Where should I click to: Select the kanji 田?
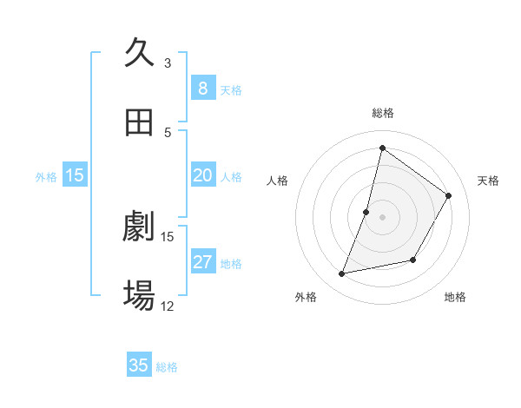tap(139, 122)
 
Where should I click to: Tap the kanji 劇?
tap(139, 227)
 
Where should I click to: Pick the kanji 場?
tap(139, 297)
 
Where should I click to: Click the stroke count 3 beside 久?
tap(168, 63)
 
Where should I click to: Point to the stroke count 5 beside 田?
tap(168, 132)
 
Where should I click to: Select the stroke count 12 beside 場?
tap(168, 306)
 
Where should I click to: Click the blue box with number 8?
tap(202, 89)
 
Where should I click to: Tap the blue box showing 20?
tap(202, 175)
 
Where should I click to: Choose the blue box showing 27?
tap(202, 262)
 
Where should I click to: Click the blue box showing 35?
tap(139, 365)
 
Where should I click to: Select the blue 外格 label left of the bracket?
tap(46, 176)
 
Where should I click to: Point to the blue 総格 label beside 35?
tap(167, 367)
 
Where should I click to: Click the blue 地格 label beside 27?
tap(231, 264)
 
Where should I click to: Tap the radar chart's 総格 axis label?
tap(382, 113)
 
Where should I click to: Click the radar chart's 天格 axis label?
tap(488, 181)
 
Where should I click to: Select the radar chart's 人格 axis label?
tap(278, 181)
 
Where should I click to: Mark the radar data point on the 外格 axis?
tap(342, 274)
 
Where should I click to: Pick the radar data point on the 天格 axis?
tap(449, 195)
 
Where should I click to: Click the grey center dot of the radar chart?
tap(382, 217)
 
